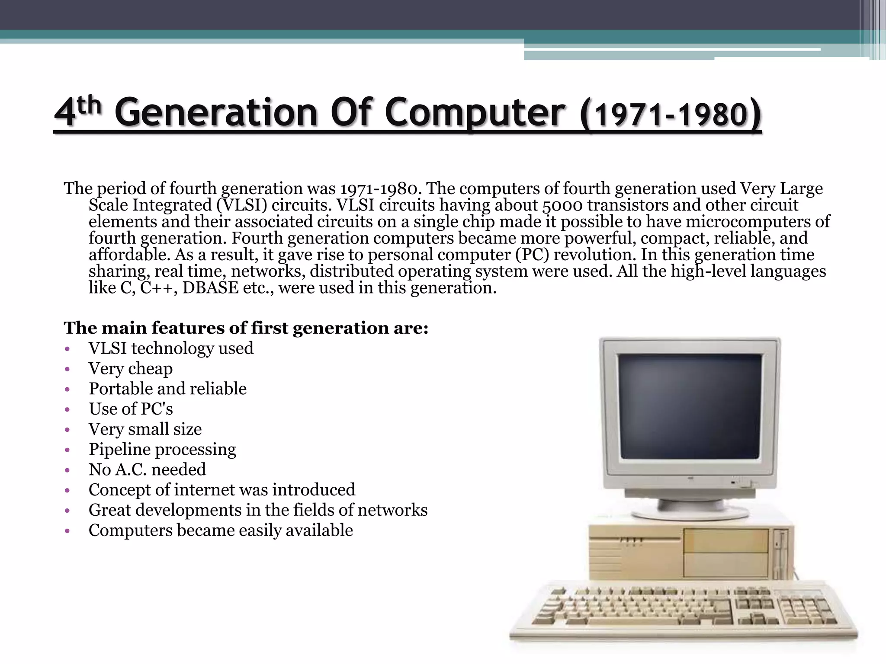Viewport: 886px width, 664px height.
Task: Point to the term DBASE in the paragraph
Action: (210, 288)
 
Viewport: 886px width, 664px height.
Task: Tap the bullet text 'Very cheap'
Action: (130, 369)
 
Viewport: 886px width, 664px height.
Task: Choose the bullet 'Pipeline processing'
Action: (162, 450)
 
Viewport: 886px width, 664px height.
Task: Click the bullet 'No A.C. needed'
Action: (147, 470)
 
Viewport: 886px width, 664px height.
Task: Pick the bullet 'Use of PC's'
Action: (131, 409)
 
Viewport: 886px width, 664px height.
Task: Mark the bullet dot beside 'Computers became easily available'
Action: (67, 531)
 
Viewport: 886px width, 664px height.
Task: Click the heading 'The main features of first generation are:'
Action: (246, 328)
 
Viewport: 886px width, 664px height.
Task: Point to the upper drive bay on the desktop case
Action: (726, 540)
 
